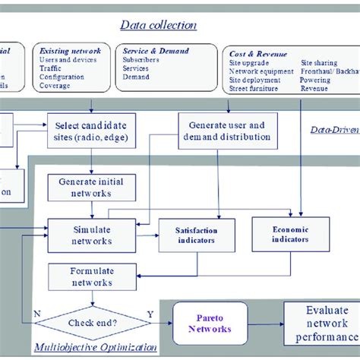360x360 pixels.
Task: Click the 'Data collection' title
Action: coord(159,25)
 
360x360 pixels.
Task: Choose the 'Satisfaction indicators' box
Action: coord(197,234)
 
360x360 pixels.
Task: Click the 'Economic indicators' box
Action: coord(291,233)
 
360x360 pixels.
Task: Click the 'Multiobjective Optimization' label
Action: coord(96,347)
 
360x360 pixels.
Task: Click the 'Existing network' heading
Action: coord(70,51)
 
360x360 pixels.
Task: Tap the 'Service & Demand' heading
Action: coord(156,51)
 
